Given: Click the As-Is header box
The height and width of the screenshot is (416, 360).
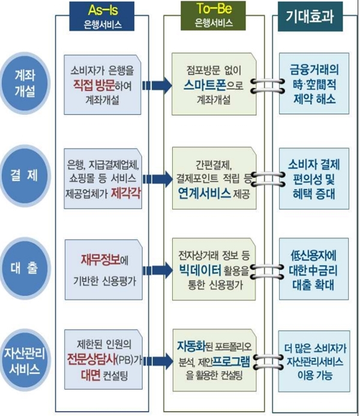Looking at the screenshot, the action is pyautogui.click(x=101, y=16).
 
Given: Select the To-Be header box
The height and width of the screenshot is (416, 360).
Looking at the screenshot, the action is pyautogui.click(x=214, y=16).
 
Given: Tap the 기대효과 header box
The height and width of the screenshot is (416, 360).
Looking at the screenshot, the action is pyautogui.click(x=310, y=16).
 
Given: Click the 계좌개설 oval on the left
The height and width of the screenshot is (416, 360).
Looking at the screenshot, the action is pyautogui.click(x=25, y=83).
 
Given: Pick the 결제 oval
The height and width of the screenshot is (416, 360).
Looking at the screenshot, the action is pyautogui.click(x=25, y=176).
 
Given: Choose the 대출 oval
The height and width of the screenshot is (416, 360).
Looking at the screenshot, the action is pyautogui.click(x=25, y=268).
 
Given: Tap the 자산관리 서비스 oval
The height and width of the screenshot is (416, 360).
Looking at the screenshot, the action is pyautogui.click(x=25, y=361).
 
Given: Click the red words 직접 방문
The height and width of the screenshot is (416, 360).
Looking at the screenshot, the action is pyautogui.click(x=94, y=85).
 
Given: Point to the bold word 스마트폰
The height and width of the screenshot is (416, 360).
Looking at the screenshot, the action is pyautogui.click(x=205, y=85).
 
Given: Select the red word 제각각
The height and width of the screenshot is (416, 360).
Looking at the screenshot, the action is pyautogui.click(x=125, y=193).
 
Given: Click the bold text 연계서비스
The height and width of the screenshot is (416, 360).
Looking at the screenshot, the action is pyautogui.click(x=204, y=194).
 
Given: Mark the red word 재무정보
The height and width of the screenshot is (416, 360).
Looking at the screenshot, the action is pyautogui.click(x=100, y=260).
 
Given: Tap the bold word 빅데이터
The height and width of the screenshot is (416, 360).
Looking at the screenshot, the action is pyautogui.click(x=200, y=270).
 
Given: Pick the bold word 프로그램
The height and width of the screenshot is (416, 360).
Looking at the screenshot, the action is pyautogui.click(x=231, y=361).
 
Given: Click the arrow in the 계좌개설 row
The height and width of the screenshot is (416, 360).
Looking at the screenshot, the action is pyautogui.click(x=157, y=86).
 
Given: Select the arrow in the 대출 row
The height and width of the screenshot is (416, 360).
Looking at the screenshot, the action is pyautogui.click(x=158, y=270).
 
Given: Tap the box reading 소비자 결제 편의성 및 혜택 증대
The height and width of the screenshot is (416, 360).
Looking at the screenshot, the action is pyautogui.click(x=314, y=179).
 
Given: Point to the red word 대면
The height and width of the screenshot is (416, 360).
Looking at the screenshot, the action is pyautogui.click(x=91, y=375).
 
